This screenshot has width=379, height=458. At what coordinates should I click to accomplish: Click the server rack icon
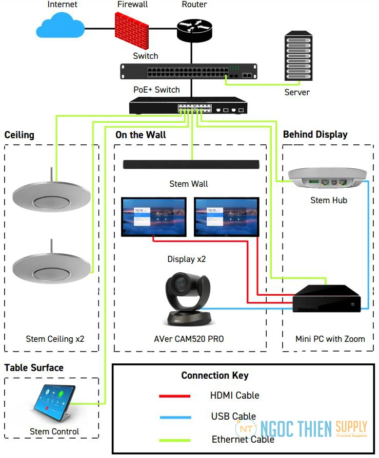(x=298, y=58)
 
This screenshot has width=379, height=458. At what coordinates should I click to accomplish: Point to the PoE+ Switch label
(x=156, y=90)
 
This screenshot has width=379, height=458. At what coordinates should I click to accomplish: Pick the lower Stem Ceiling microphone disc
(x=51, y=265)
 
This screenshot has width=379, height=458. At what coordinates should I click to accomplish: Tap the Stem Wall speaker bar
(x=191, y=164)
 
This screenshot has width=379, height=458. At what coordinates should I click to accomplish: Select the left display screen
(x=153, y=216)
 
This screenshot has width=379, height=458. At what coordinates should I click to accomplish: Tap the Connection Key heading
(x=215, y=375)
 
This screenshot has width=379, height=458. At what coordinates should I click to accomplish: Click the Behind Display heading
(x=315, y=135)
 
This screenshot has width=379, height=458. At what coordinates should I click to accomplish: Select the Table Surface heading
(x=34, y=367)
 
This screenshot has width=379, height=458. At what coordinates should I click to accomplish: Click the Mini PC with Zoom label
(x=330, y=338)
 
